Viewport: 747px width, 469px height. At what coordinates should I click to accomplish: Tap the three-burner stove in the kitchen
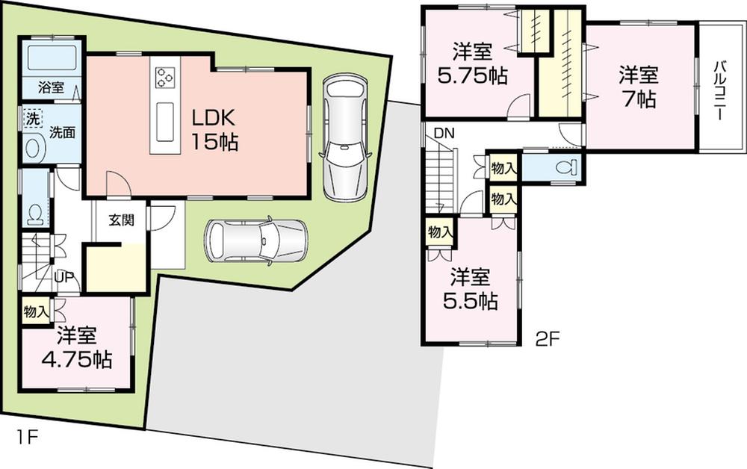pyautogui.click(x=165, y=77)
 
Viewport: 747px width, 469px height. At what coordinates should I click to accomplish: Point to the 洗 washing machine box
pyautogui.click(x=31, y=119)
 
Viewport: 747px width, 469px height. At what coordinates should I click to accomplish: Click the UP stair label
pyautogui.click(x=63, y=276)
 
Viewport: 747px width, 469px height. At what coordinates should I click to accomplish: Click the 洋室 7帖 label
pyautogui.click(x=637, y=86)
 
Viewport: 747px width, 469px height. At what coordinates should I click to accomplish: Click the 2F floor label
pyautogui.click(x=548, y=340)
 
